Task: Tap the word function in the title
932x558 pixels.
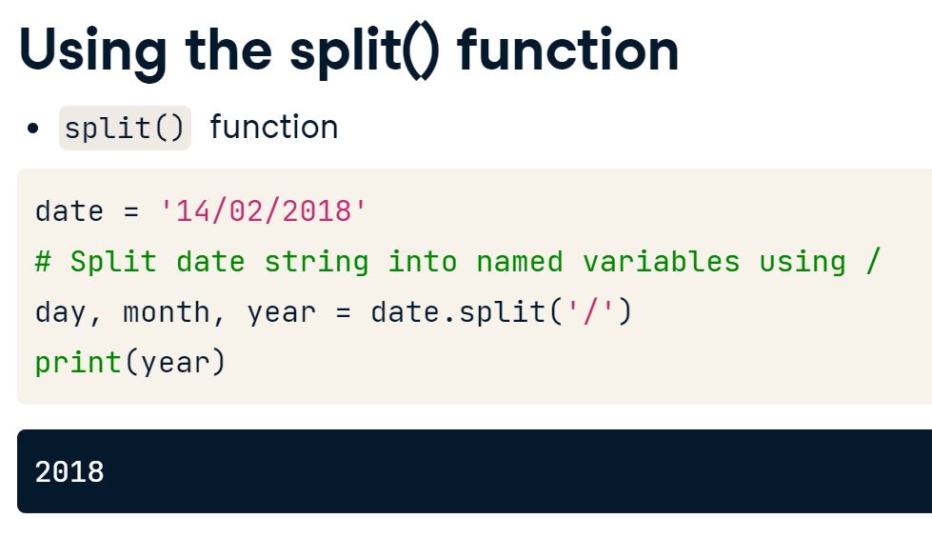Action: click(x=568, y=51)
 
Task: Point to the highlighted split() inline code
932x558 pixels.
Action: click(x=125, y=128)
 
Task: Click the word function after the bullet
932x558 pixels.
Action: click(x=273, y=128)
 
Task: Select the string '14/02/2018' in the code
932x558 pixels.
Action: click(x=264, y=210)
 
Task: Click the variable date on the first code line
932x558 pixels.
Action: click(x=69, y=210)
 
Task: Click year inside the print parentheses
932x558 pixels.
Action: click(x=175, y=363)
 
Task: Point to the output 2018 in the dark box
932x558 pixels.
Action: click(x=69, y=471)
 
